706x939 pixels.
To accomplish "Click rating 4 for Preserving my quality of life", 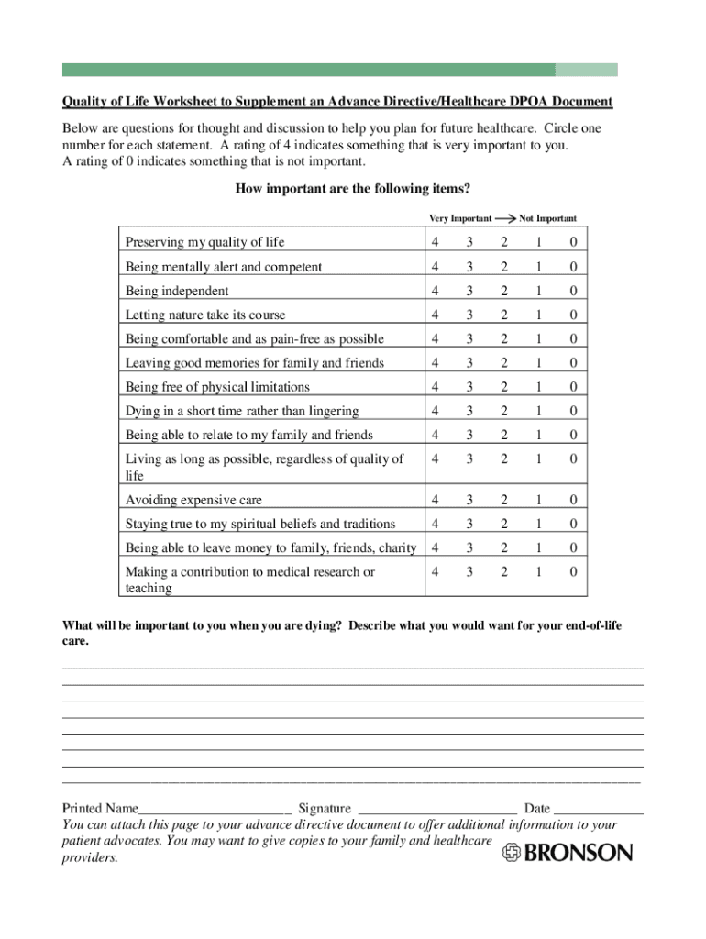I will tap(435, 242).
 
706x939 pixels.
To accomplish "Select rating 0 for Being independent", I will tap(573, 291).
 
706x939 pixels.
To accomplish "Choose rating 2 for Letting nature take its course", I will tap(503, 315).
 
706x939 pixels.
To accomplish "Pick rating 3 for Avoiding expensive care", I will tap(469, 500).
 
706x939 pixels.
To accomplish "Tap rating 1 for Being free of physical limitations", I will tap(539, 387).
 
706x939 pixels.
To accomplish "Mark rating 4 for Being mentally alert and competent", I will tap(435, 267).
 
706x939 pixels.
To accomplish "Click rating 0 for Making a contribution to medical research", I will tap(573, 571).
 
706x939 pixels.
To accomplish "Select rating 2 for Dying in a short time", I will tap(503, 411).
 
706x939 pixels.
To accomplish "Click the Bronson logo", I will tap(568, 853).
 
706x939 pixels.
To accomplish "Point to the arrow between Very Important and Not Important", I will tap(505, 219).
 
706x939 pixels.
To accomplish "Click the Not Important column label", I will tap(547, 219).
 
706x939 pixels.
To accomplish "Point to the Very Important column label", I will tap(460, 219).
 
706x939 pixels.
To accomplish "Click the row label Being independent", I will tap(177, 291).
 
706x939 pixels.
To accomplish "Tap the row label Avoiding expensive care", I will tap(193, 500).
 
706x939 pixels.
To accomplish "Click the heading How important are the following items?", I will tap(353, 189).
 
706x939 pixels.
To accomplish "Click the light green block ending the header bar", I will tap(586, 70).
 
